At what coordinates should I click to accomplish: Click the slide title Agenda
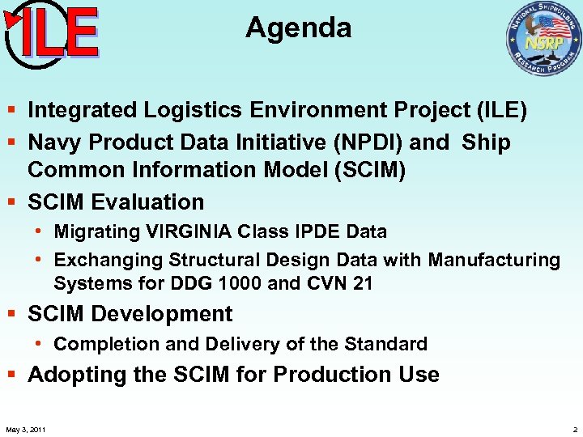(299, 28)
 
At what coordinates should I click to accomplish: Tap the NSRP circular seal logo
(543, 38)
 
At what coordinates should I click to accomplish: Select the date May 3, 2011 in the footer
(25, 429)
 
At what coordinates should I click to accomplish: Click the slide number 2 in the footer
(574, 429)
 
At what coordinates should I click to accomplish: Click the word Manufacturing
(494, 260)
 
